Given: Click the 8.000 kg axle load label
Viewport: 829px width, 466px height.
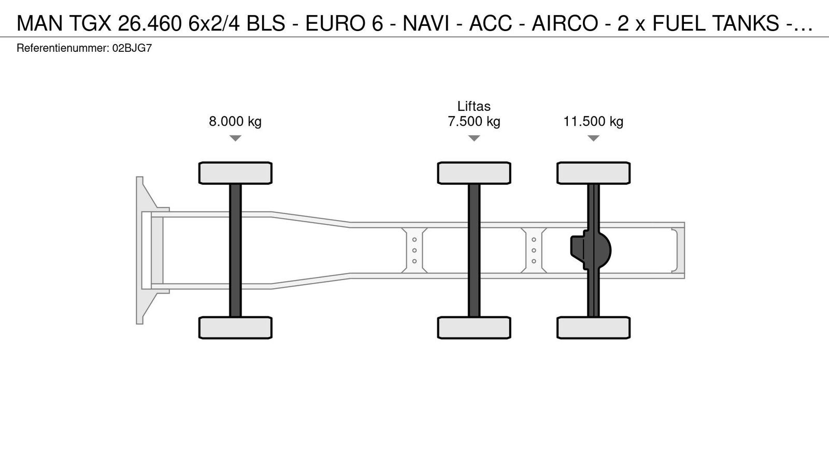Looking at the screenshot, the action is click(235, 121).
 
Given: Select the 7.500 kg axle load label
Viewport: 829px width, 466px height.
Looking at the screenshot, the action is click(474, 121).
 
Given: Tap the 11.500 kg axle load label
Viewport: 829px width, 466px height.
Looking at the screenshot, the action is click(593, 121).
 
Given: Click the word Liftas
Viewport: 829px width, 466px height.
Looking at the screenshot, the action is click(474, 106).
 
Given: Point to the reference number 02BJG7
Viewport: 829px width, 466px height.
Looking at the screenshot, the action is click(132, 49).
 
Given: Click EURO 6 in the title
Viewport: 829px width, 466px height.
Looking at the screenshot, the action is click(344, 23).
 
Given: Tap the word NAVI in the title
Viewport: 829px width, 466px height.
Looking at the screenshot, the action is click(426, 23).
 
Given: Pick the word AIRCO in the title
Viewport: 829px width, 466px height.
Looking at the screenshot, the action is click(565, 23).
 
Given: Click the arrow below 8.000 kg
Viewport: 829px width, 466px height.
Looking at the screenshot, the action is click(235, 138).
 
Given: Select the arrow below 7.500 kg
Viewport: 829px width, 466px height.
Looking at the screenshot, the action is click(474, 138).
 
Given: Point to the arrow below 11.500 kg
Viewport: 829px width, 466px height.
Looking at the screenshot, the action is click(593, 138).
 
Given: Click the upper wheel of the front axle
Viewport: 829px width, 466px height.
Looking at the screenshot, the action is click(235, 173).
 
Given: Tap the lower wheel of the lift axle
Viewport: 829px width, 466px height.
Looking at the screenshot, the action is click(474, 328).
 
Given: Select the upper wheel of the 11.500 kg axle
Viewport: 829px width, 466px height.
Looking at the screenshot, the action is click(594, 173).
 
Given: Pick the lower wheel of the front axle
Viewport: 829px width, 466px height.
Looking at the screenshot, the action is click(235, 328).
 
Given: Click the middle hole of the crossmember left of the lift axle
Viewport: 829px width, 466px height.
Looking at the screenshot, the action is click(414, 251).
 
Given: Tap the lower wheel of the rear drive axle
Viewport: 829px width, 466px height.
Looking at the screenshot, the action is click(594, 328).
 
